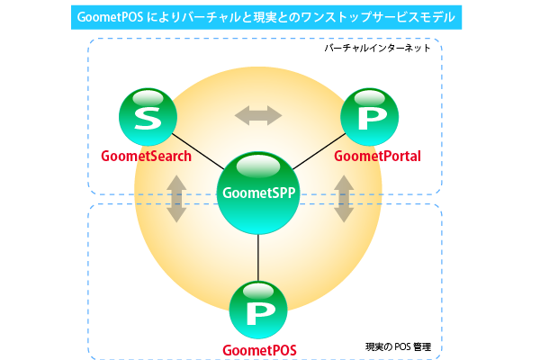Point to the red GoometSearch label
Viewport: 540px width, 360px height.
[146, 157]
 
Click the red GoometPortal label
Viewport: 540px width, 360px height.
[378, 157]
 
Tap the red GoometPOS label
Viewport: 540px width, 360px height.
[259, 349]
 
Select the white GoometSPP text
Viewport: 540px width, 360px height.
[258, 192]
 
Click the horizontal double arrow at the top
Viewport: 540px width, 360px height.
[258, 115]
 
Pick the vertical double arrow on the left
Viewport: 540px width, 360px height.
[176, 199]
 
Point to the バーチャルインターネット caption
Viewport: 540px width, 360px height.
[378, 48]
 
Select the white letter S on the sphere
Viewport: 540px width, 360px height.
[146, 121]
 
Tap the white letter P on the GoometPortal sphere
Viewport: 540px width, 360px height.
[368, 121]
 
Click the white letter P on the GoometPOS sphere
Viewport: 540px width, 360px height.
[259, 313]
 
